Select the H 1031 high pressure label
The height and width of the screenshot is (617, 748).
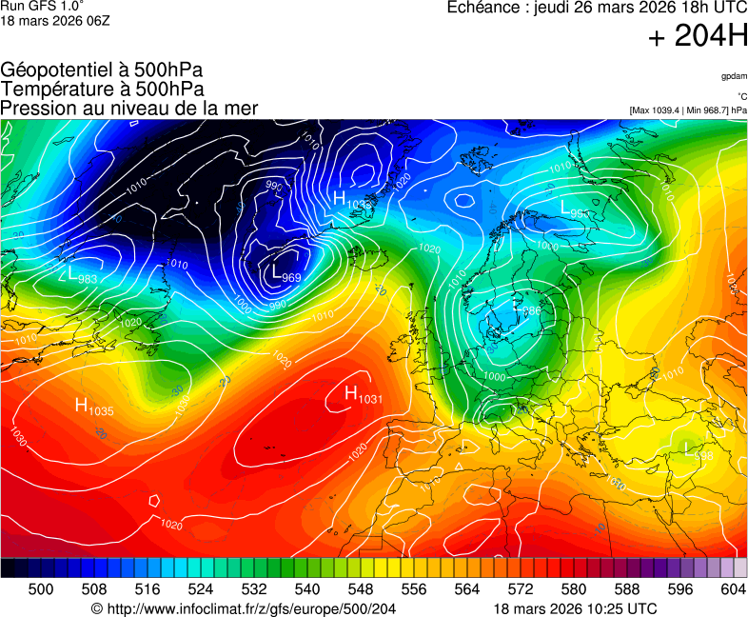[x=363, y=394]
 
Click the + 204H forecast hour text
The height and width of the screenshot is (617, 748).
[x=697, y=37]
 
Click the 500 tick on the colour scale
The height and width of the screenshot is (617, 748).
[x=41, y=589]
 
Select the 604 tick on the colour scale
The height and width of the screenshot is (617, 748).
[x=732, y=589]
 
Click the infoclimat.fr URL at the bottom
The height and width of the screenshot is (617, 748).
[x=243, y=608]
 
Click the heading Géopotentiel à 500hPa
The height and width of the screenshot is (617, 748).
[x=102, y=70]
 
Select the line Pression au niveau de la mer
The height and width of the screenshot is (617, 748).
[x=129, y=109]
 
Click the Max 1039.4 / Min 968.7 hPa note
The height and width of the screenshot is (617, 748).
[x=688, y=110]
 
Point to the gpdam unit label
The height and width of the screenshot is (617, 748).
[x=734, y=75]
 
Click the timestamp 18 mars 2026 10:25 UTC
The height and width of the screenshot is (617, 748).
[x=575, y=608]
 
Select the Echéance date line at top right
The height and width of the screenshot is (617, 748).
[x=597, y=8]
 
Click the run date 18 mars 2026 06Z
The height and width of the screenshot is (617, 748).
[x=54, y=20]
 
